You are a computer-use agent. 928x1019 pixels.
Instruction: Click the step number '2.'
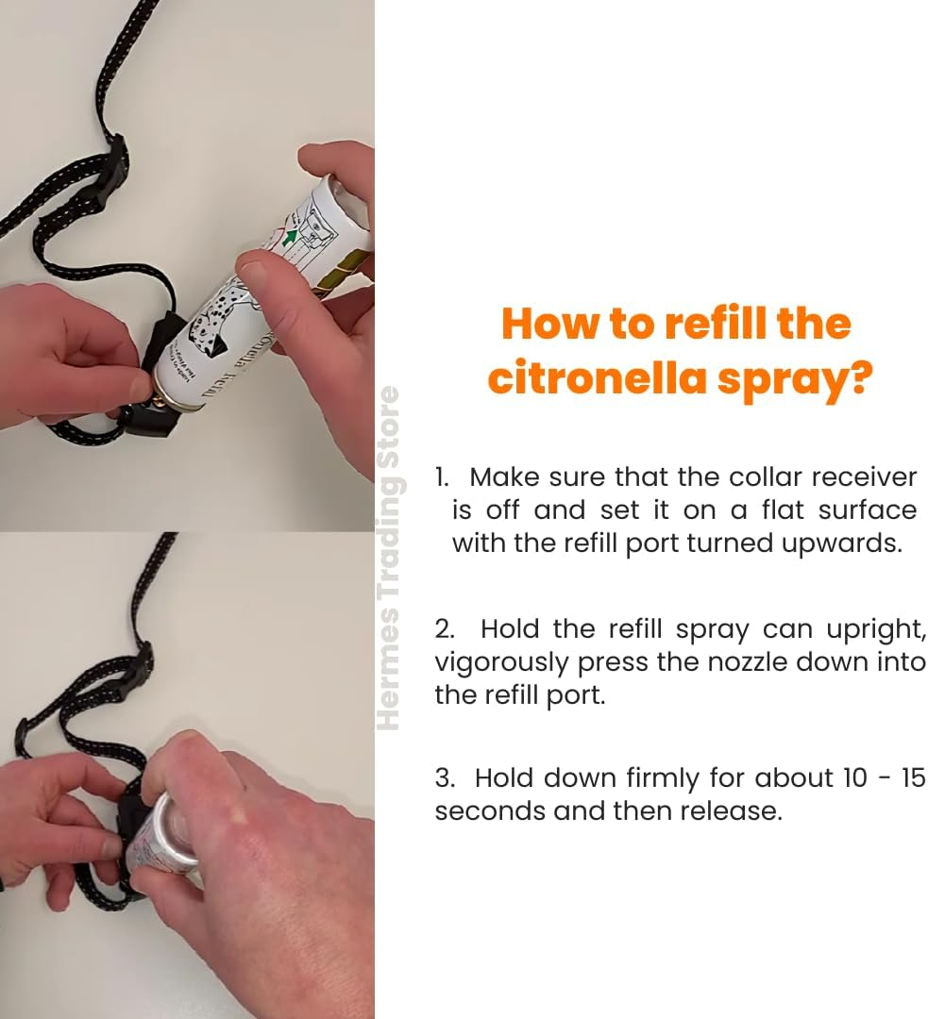(x=445, y=629)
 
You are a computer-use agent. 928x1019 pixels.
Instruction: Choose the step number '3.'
(x=445, y=778)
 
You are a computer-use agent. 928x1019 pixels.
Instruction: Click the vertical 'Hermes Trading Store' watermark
(x=388, y=557)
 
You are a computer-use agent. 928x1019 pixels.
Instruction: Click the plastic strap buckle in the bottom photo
(x=132, y=672)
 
